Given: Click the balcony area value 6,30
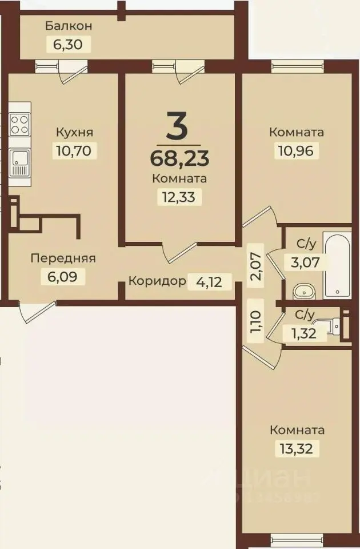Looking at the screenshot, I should tap(69, 45).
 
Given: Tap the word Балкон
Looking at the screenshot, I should tap(69, 26).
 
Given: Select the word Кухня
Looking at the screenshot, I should tap(74, 132).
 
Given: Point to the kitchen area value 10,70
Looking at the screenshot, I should tap(74, 150).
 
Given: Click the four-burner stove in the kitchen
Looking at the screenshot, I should tap(20, 124).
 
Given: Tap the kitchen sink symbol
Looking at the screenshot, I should tap(20, 162).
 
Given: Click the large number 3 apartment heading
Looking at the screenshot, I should tap(177, 126).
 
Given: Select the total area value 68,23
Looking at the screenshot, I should tap(179, 157).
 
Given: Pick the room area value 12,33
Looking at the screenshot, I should tap(179, 197).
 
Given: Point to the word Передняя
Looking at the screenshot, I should tap(63, 258).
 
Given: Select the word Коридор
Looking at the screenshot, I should tap(157, 281).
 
